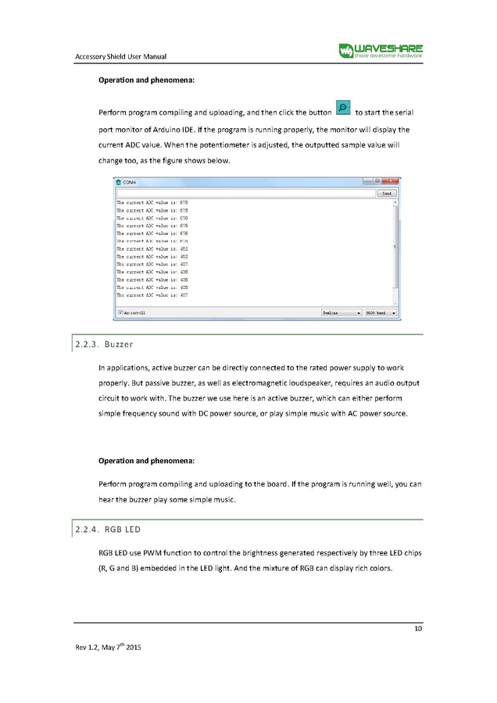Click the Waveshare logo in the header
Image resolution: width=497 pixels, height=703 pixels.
(381, 49)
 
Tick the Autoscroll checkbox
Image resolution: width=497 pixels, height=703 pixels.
(120, 312)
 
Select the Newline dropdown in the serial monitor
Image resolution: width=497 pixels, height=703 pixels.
(341, 312)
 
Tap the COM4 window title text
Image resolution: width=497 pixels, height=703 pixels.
(129, 182)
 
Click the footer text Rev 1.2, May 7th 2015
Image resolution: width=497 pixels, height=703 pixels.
(108, 648)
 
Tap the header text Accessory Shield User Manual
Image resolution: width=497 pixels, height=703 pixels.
(120, 55)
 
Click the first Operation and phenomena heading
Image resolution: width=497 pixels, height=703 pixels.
(146, 80)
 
